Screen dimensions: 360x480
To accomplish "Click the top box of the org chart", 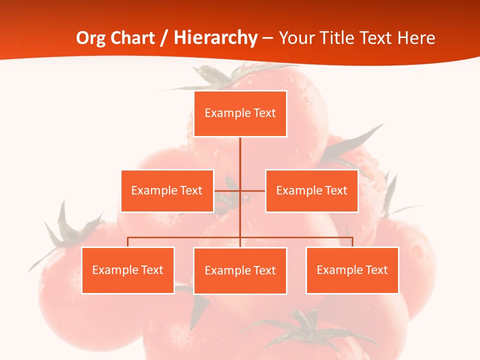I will tap(240, 113).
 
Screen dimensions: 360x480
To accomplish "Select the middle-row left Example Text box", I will tap(167, 190).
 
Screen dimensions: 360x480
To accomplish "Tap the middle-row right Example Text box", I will tap(311, 190).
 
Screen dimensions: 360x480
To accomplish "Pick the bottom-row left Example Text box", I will tap(128, 270).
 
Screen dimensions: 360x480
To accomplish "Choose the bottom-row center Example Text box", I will tap(240, 270).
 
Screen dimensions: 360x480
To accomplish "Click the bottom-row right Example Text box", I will tap(352, 270).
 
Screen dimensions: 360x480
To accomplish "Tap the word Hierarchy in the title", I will tap(215, 38).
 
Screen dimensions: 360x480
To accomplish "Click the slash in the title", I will tap(164, 38).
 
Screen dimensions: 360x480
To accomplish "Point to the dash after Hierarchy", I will tap(267, 38).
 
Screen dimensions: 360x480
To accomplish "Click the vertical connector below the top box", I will tap(240, 155).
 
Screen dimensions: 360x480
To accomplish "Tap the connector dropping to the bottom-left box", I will tap(128, 242).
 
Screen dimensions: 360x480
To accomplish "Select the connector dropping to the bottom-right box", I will tap(352, 242).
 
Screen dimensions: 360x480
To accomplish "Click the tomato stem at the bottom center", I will tap(305, 325).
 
